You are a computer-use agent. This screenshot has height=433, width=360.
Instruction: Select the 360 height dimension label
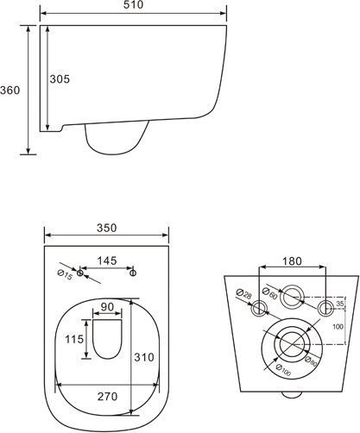tap(10, 91)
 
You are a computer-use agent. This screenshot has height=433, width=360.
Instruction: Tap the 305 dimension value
tap(60, 78)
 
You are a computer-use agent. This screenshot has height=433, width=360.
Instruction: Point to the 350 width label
tap(107, 228)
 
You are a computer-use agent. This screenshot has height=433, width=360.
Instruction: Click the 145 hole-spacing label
tap(107, 260)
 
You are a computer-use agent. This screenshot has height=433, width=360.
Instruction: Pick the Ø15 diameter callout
tap(65, 275)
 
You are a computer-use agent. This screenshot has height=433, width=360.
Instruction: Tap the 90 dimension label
tap(107, 307)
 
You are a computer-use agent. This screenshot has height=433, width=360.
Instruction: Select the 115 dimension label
tap(74, 339)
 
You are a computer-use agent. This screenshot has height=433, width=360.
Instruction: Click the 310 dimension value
tap(144, 357)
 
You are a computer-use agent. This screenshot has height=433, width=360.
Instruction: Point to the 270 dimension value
tap(107, 397)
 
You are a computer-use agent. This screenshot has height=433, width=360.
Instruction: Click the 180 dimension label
tap(292, 261)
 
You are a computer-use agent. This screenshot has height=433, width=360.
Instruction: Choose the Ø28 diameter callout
tap(243, 294)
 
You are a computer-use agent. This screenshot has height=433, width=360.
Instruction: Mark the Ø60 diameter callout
tap(270, 293)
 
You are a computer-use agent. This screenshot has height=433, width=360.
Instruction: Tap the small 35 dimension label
tap(340, 304)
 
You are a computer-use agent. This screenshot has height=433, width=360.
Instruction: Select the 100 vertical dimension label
tap(338, 327)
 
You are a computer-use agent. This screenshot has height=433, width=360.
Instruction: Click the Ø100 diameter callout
tap(283, 370)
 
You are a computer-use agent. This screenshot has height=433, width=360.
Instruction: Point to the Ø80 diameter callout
tap(311, 361)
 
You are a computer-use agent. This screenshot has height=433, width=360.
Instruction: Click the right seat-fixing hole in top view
tap(133, 273)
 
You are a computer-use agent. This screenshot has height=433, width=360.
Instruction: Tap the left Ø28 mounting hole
tap(259, 309)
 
